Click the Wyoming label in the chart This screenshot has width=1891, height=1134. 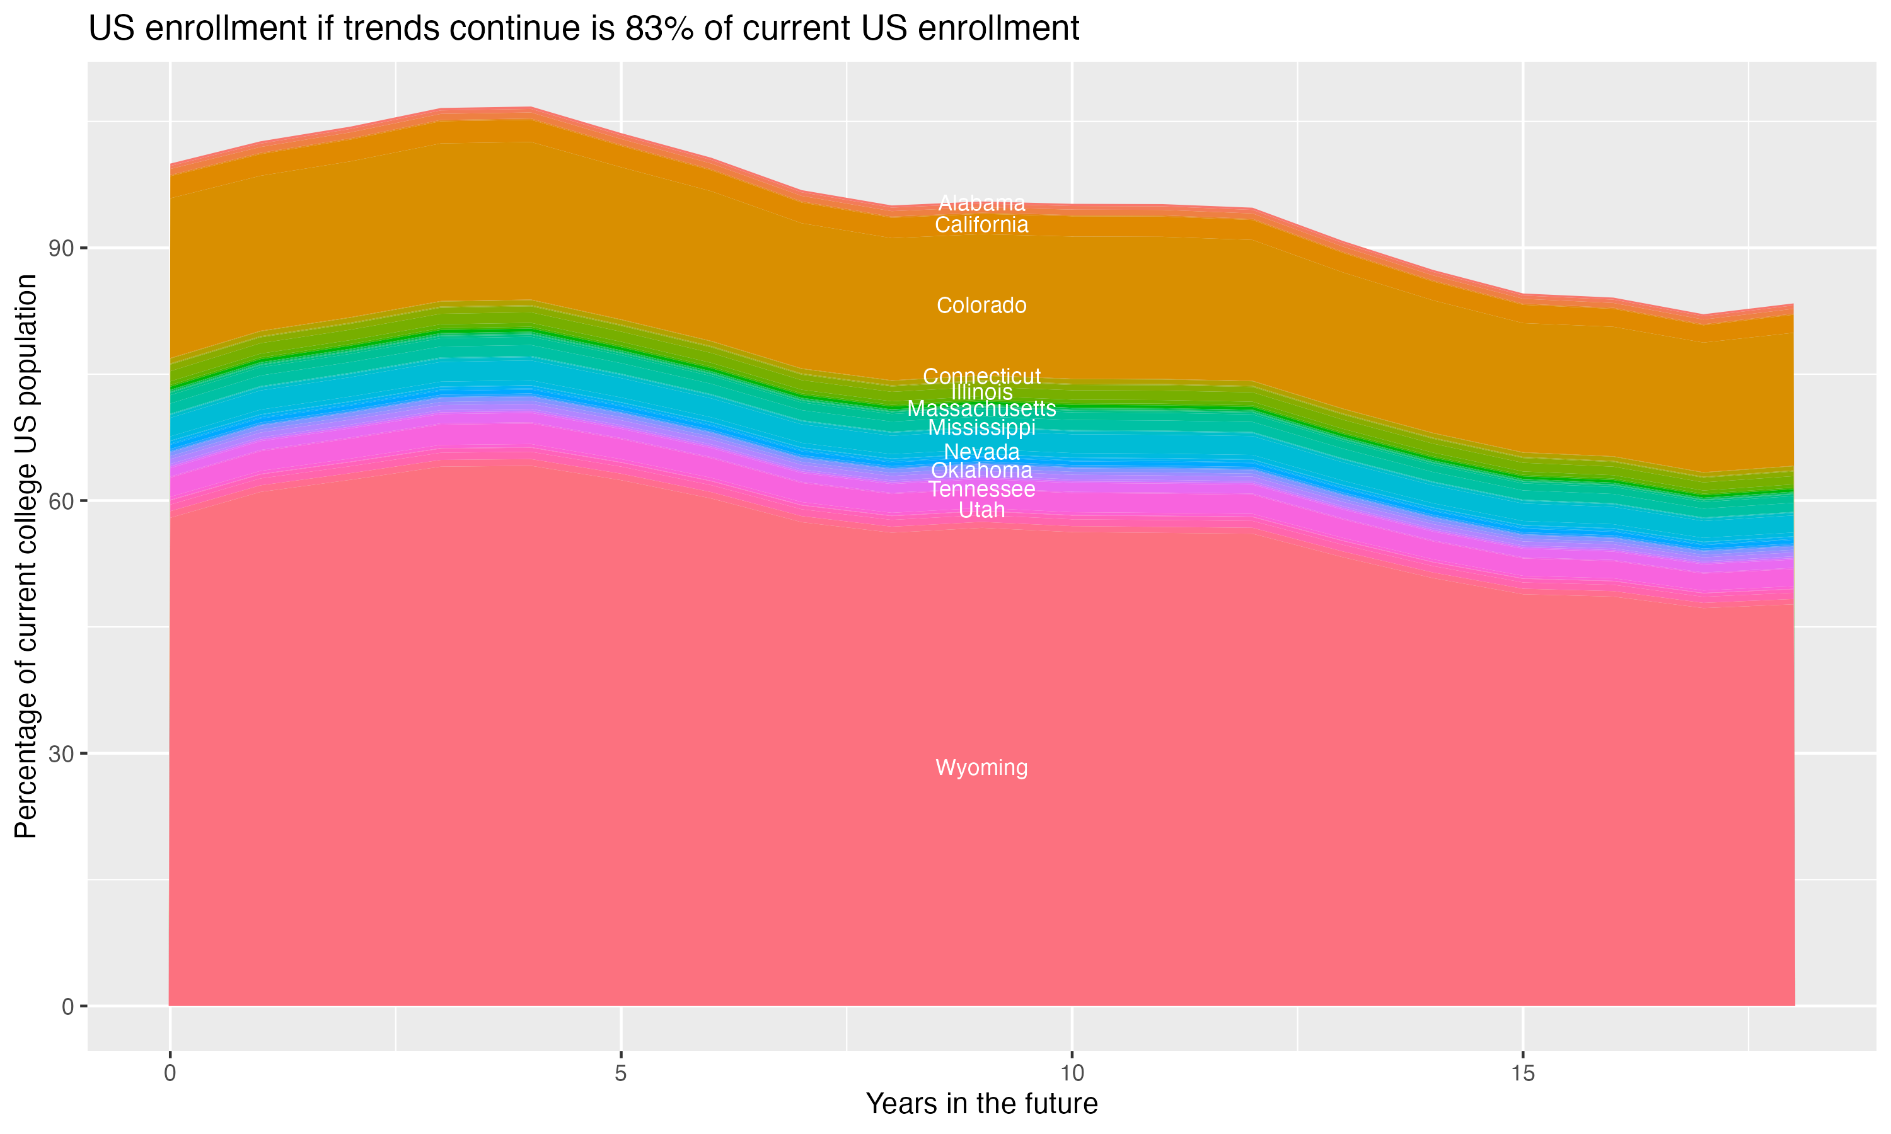pos(981,768)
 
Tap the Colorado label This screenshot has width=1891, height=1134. pos(981,306)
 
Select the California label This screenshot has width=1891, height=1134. pos(981,225)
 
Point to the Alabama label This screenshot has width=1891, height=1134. pos(981,203)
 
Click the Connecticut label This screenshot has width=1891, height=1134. pos(981,377)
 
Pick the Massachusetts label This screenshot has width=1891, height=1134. pos(981,409)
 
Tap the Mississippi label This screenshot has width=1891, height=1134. pos(981,427)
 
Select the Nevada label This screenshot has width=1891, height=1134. pos(981,452)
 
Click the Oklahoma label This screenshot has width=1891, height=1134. pos(981,470)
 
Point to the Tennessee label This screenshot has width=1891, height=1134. pos(981,489)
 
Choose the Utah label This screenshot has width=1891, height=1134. pos(981,510)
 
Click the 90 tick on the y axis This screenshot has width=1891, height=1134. pos(62,248)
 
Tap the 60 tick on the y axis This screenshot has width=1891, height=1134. pos(62,501)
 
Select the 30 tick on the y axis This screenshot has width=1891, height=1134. pos(62,753)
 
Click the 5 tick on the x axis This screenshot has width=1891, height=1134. pos(621,1074)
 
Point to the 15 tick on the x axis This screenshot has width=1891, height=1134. pos(1523,1074)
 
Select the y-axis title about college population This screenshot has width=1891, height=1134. pos(26,556)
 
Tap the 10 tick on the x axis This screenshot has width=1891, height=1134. pos(1072,1074)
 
